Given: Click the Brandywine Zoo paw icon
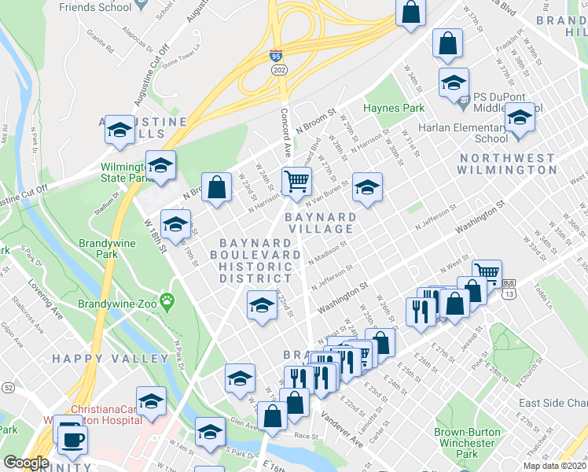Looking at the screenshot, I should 167,300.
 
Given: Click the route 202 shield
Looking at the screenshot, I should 280,71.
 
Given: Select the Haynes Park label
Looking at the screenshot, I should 393,108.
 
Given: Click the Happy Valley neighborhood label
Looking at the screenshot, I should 110,359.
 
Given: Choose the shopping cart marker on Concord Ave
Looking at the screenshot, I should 297,182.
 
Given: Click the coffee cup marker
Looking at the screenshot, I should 73,438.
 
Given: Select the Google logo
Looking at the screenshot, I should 25,463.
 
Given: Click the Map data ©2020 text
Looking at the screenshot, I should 555,466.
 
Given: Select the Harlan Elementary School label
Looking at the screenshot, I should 469,133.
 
